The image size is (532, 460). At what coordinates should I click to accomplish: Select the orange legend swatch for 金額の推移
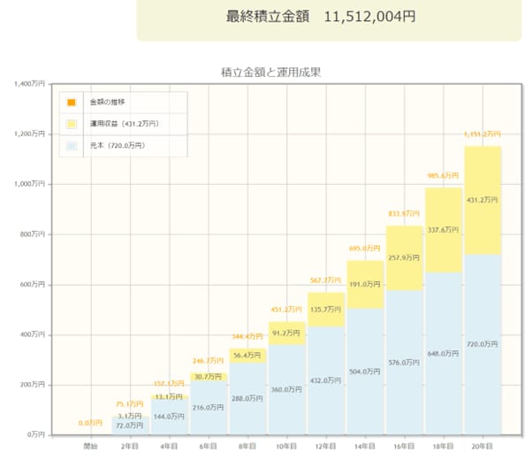tap(72, 103)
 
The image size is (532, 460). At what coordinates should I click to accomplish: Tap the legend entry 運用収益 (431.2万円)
tap(124, 124)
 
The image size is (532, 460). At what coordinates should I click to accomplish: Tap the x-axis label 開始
tap(91, 444)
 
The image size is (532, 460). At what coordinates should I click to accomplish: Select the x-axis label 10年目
tap(286, 444)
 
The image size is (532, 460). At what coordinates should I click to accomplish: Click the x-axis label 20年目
tap(482, 444)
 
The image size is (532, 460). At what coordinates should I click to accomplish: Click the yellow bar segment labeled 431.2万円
tap(482, 200)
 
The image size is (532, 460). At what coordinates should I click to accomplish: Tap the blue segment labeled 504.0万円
tap(364, 372)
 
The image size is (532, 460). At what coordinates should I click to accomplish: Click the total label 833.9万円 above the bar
tap(404, 213)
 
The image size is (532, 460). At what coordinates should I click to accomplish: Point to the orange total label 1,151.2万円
tap(482, 134)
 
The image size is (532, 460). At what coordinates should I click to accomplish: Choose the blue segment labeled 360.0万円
tap(286, 389)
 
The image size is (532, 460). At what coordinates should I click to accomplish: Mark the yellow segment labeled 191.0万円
tap(364, 285)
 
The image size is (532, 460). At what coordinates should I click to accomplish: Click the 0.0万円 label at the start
tap(91, 424)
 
